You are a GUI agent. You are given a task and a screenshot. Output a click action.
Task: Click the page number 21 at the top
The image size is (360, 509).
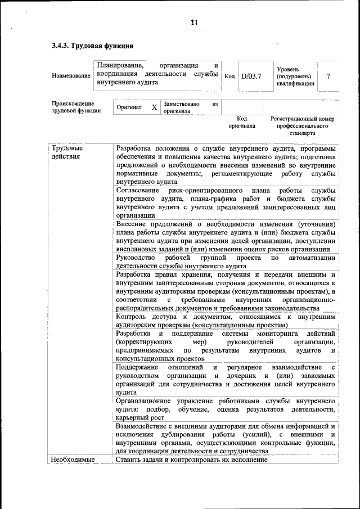click(193, 23)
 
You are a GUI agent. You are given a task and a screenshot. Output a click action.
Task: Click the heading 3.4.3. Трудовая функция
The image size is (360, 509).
click(92, 46)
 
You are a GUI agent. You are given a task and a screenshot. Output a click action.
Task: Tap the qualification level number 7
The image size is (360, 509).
click(328, 76)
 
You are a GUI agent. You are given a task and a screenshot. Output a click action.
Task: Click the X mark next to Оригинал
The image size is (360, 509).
click(154, 107)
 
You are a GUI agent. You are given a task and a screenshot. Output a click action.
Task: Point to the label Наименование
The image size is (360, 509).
click(70, 76)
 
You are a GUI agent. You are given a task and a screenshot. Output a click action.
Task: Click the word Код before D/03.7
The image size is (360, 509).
click(229, 76)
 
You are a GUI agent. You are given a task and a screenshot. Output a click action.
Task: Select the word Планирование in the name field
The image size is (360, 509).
click(120, 66)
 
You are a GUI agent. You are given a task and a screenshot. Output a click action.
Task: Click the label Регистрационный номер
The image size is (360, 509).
click(302, 119)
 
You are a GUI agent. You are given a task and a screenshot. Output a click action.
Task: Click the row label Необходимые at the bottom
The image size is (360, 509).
click(70, 460)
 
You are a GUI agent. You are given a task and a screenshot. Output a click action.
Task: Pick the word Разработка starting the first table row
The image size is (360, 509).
click(134, 148)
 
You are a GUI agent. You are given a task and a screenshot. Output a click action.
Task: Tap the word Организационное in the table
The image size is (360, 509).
click(145, 401)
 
